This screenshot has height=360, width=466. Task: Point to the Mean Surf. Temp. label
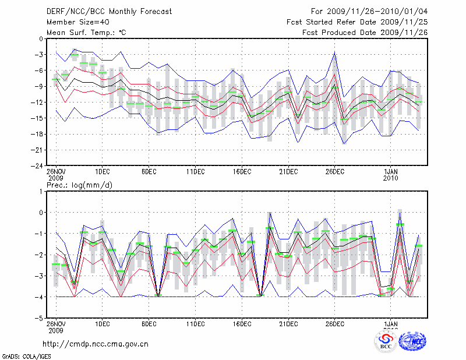(86, 32)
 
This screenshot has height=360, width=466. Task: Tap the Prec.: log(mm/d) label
(79, 185)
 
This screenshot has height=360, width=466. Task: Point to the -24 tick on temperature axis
(38, 165)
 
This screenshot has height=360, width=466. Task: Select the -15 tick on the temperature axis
(38, 118)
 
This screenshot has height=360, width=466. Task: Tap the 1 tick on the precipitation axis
(42, 191)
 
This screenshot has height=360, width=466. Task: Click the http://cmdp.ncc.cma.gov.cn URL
(96, 344)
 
